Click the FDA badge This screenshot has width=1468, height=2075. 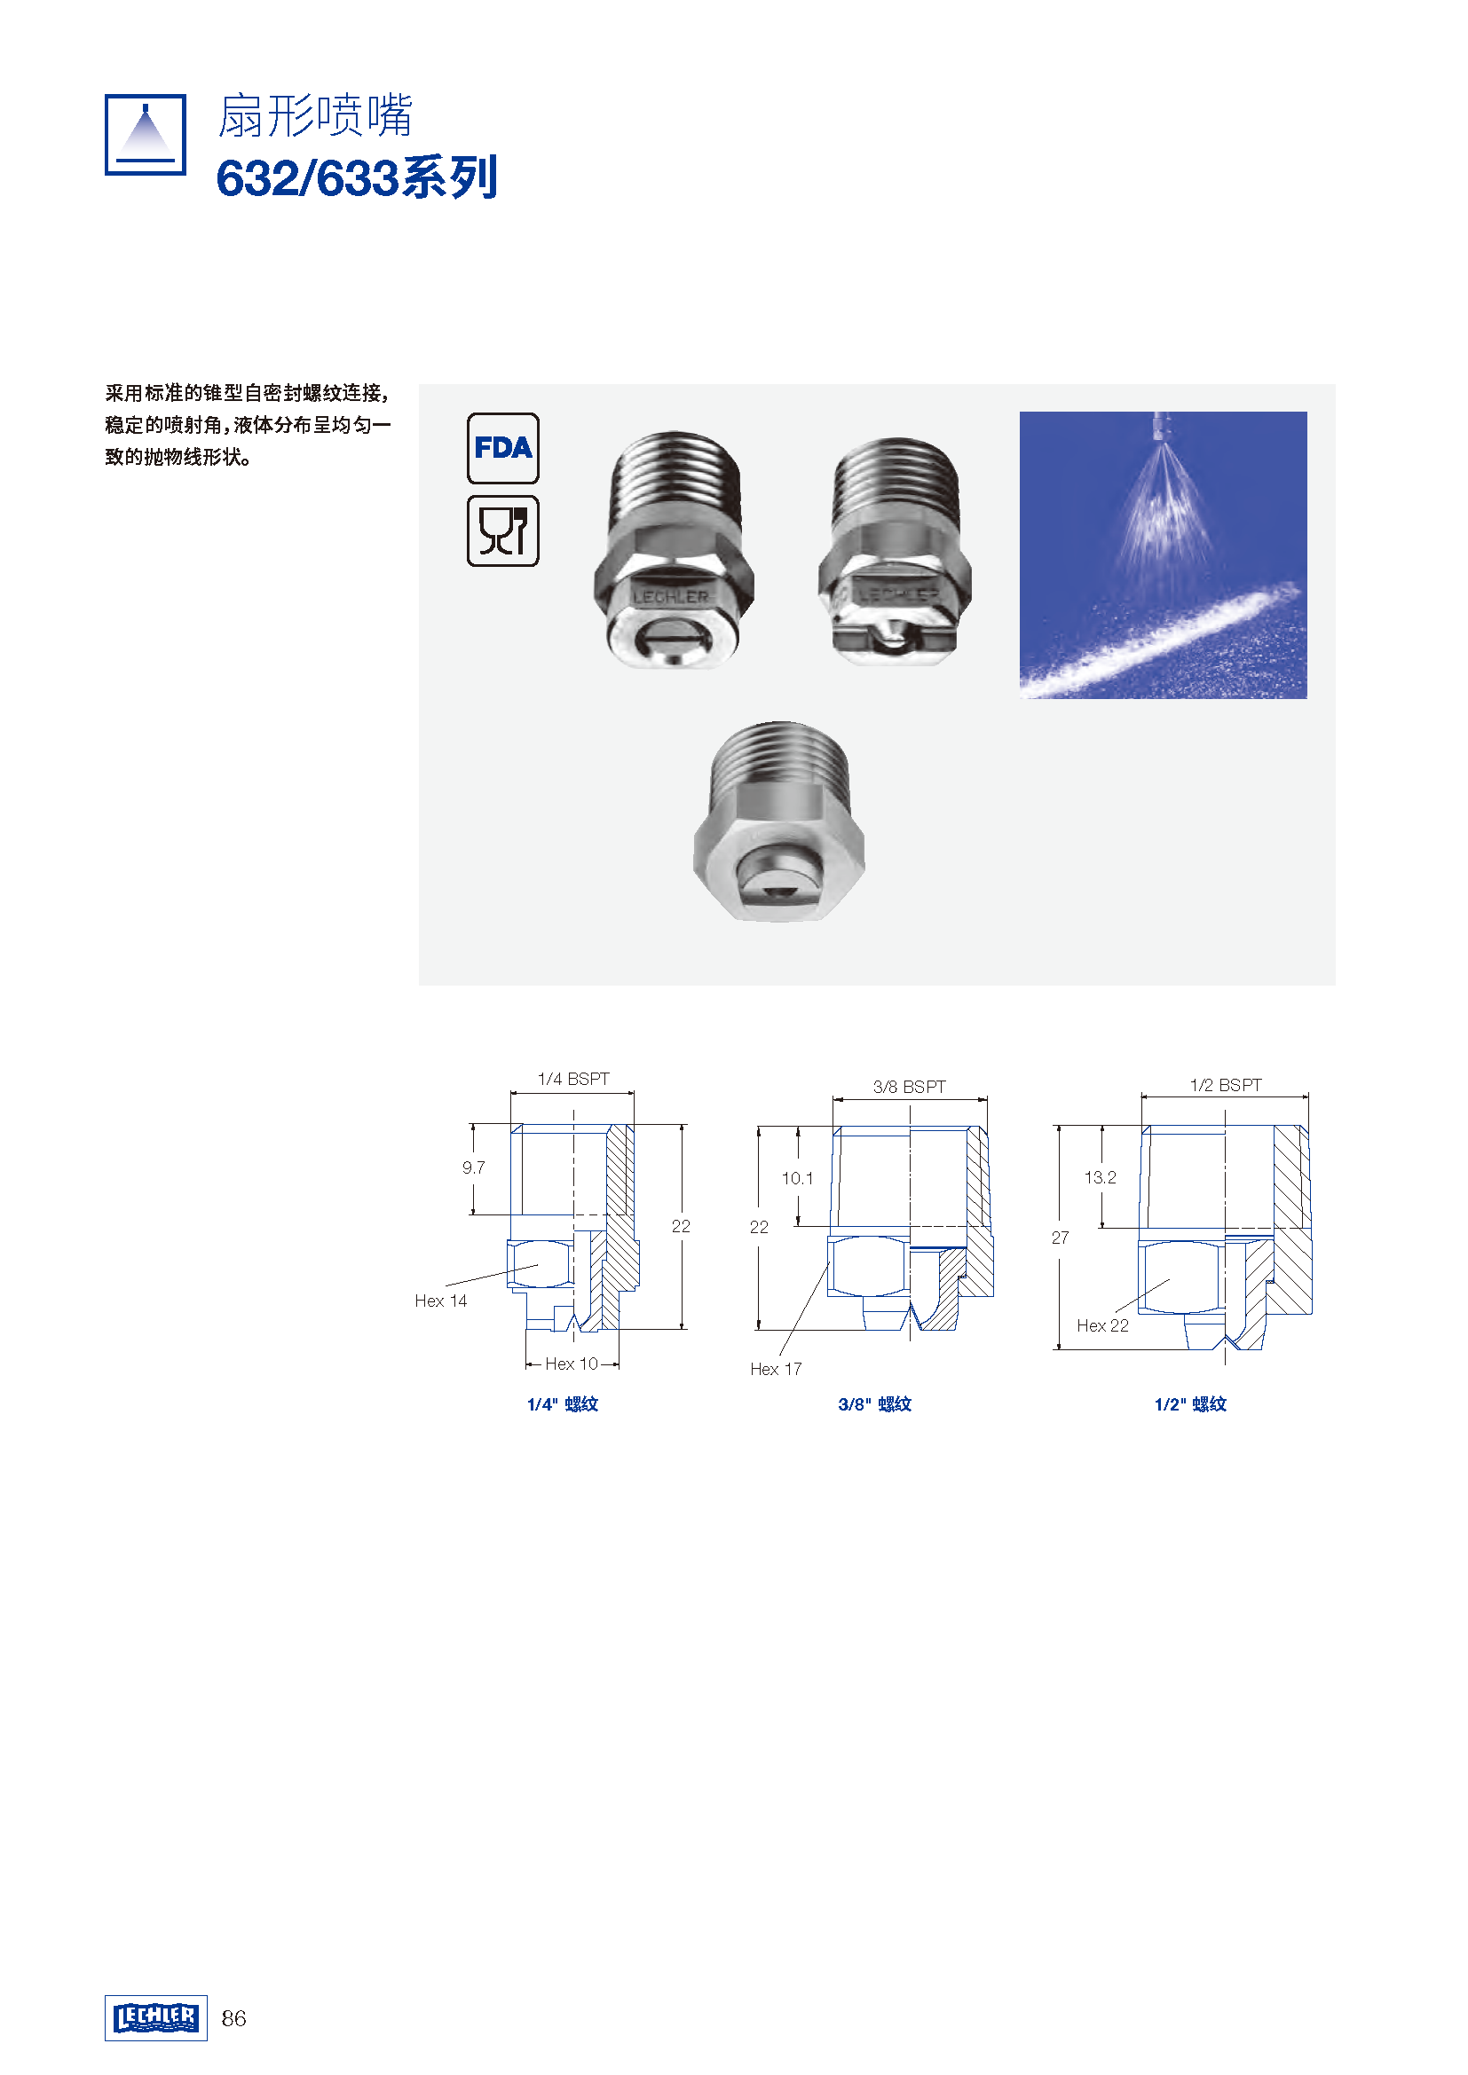502,448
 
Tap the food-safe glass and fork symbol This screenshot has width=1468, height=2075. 502,531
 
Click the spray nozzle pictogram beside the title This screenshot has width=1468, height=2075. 146,135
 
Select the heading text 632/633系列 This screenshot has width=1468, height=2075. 357,178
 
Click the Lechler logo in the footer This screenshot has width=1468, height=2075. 155,2018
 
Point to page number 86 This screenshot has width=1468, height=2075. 233,2019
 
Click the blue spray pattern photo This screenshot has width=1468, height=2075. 1163,554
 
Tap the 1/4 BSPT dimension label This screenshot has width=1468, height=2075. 573,1079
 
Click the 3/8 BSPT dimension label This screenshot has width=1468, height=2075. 910,1087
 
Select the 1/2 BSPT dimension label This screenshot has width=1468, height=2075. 1226,1084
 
